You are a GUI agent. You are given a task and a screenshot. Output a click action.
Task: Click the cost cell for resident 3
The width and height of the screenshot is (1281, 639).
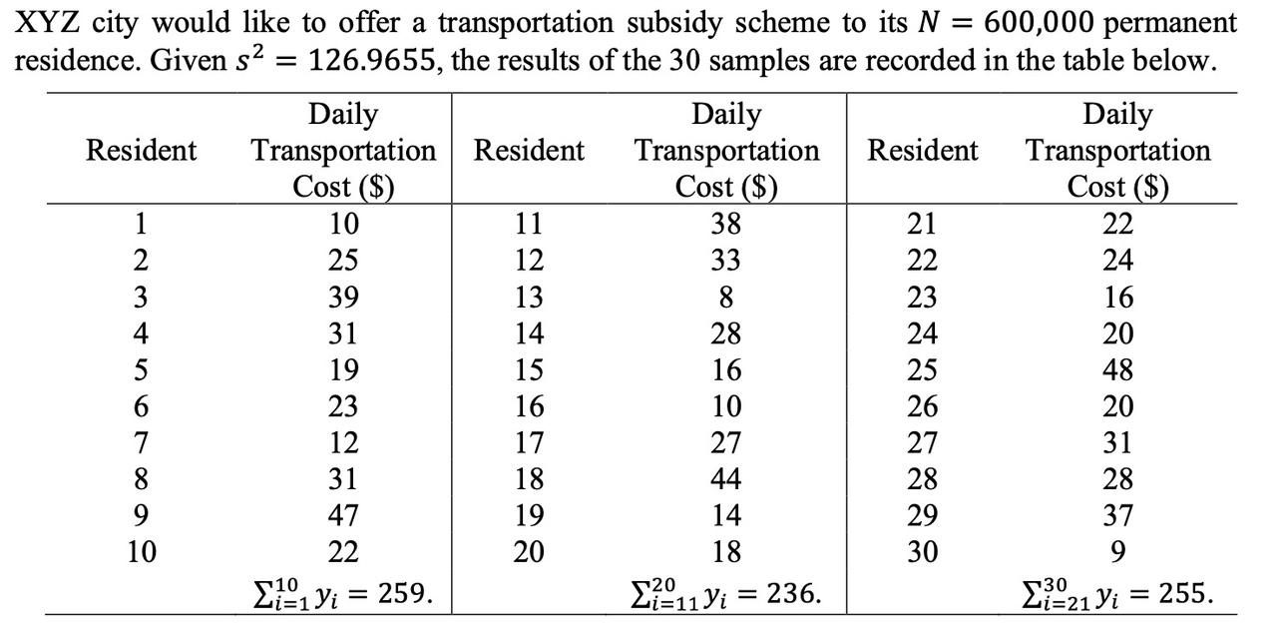pos(343,297)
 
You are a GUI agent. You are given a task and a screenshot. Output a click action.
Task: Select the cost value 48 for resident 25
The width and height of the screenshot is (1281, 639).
pos(1117,369)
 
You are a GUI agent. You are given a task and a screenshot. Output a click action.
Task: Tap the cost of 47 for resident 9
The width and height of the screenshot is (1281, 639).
pos(343,515)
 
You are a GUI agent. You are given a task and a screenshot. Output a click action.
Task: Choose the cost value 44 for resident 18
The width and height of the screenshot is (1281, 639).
pos(726,479)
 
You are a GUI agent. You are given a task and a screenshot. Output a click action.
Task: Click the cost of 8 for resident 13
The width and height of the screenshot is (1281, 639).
pos(726,297)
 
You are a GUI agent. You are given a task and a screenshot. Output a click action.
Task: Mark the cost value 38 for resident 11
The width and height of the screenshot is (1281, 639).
pos(726,224)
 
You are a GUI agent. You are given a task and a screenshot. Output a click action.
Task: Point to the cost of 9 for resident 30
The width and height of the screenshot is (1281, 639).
pos(1117,551)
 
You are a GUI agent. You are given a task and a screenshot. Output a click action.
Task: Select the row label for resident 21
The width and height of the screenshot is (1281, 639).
pos(921,224)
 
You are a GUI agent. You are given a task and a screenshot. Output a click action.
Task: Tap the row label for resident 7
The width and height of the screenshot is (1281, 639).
pos(141,442)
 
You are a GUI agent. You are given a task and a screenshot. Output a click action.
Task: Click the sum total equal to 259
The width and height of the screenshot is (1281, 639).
pos(341,593)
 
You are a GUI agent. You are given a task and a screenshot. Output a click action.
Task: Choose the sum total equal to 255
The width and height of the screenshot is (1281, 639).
pos(1116,593)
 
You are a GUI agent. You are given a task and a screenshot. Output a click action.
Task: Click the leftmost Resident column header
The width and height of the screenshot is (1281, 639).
pos(141,151)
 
